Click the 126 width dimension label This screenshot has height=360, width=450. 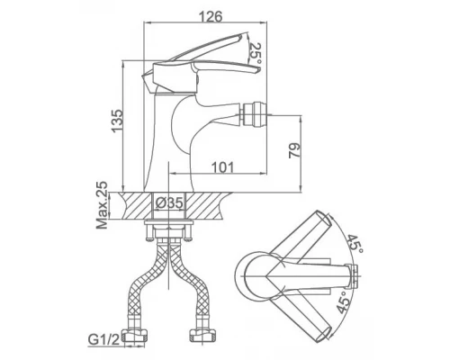click(x=211, y=16)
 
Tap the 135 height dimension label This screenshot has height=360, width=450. click(x=117, y=121)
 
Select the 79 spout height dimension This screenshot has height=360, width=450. click(x=294, y=151)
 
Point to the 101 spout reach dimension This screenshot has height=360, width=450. click(x=222, y=167)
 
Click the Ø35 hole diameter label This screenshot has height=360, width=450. click(x=169, y=203)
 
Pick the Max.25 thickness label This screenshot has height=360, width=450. click(x=102, y=205)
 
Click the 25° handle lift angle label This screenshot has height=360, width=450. click(x=256, y=54)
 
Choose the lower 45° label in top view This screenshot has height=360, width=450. click(x=342, y=302)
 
